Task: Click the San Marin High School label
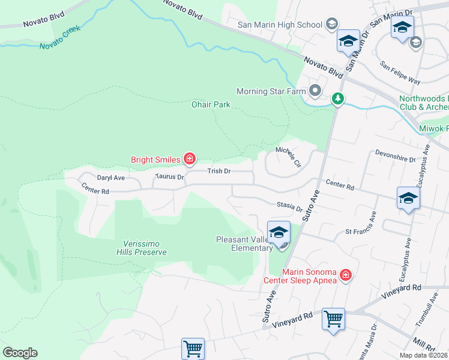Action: click(x=280, y=25)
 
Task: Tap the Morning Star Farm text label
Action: click(x=271, y=92)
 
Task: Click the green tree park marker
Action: click(x=338, y=98)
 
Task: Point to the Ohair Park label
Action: click(x=211, y=104)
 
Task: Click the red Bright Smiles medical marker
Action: click(x=190, y=159)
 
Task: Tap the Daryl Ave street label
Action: click(x=110, y=178)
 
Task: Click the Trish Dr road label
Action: click(x=219, y=171)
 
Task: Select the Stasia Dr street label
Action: click(x=290, y=206)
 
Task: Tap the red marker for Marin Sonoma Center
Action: click(x=346, y=275)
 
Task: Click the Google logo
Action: click(x=20, y=353)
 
